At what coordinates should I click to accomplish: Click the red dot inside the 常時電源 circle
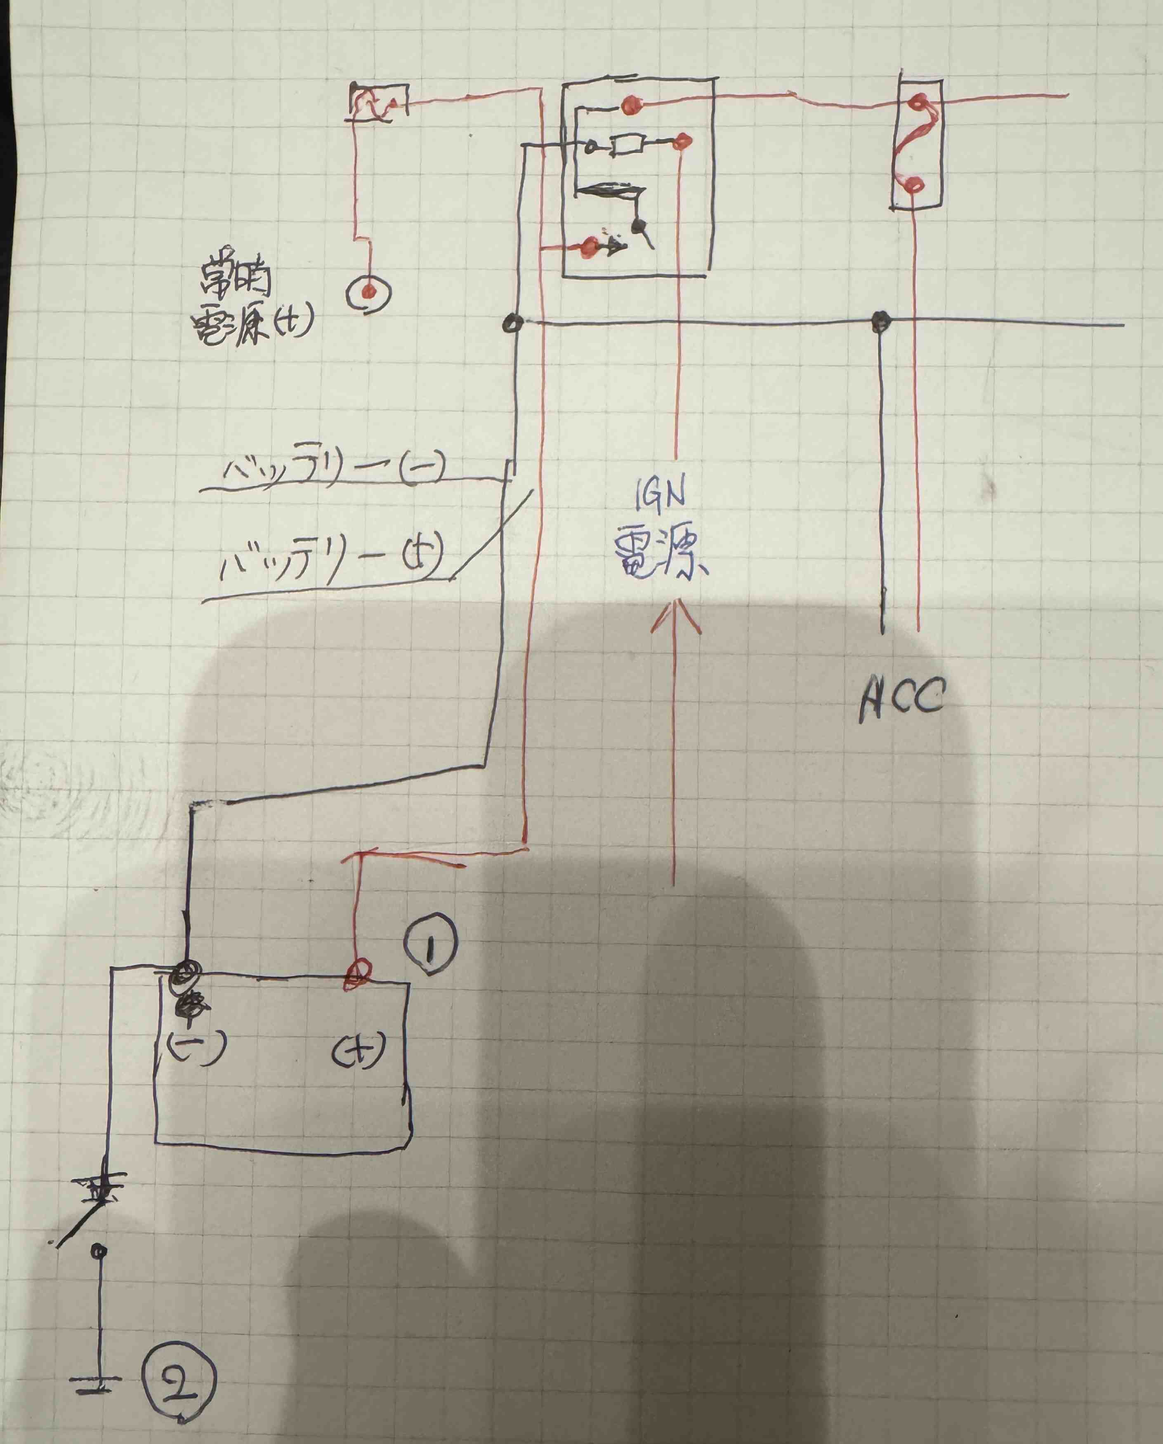(x=367, y=292)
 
